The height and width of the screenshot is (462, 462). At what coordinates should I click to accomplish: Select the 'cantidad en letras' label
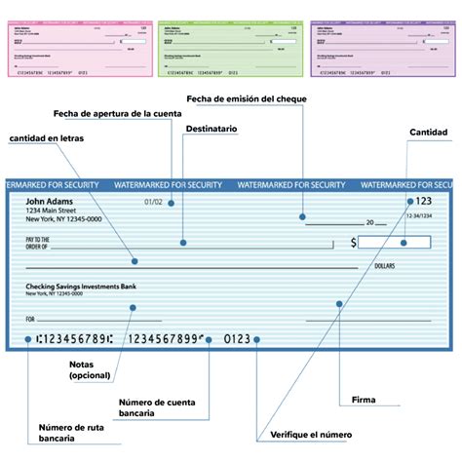(x=46, y=138)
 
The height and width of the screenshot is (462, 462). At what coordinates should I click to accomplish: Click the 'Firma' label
(x=364, y=399)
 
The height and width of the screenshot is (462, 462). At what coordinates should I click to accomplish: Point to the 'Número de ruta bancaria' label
(x=70, y=433)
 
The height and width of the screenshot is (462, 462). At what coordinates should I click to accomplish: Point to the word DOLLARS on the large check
(x=382, y=265)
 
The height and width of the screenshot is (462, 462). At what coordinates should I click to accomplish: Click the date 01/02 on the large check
(x=153, y=203)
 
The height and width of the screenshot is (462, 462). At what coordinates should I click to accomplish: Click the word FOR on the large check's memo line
(x=30, y=319)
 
